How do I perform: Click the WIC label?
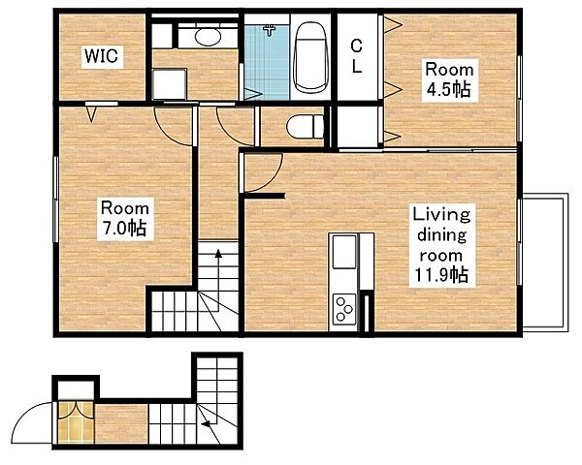102,56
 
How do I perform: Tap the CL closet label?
356,56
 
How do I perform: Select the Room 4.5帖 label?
449,79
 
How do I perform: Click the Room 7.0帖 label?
125,219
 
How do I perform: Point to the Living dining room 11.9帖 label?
441,245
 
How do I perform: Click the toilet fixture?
306,127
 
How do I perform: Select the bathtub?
310,57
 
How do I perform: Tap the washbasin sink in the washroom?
208,37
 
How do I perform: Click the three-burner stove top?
344,308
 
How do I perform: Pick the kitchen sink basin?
344,252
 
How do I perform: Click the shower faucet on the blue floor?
270,30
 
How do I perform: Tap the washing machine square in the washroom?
169,83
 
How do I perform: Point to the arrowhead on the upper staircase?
218,254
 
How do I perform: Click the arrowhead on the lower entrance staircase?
205,424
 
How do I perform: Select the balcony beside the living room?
545,262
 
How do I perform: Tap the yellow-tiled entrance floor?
76,422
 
